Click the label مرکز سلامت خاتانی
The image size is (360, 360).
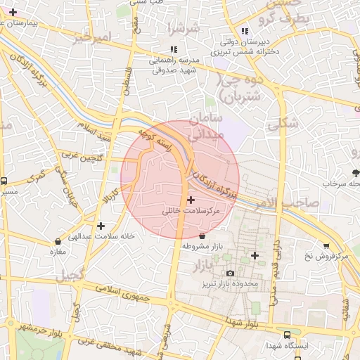pos(191,210)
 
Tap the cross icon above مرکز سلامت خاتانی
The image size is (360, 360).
pos(191,200)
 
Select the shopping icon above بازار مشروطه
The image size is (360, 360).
pos(203,236)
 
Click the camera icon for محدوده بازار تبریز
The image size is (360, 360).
pos(230,274)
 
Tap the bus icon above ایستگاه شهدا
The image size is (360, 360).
pos(287,335)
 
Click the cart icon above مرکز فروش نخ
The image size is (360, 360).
pos(326,245)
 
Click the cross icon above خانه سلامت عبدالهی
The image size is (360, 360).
pos(102,226)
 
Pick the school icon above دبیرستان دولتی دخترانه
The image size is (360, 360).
pos(245,31)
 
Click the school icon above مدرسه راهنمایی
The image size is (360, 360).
pos(173,50)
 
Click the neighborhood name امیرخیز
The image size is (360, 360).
pos(92,36)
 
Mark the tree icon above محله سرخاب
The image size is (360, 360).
pos(356,172)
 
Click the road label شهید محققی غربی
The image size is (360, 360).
pos(112,345)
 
